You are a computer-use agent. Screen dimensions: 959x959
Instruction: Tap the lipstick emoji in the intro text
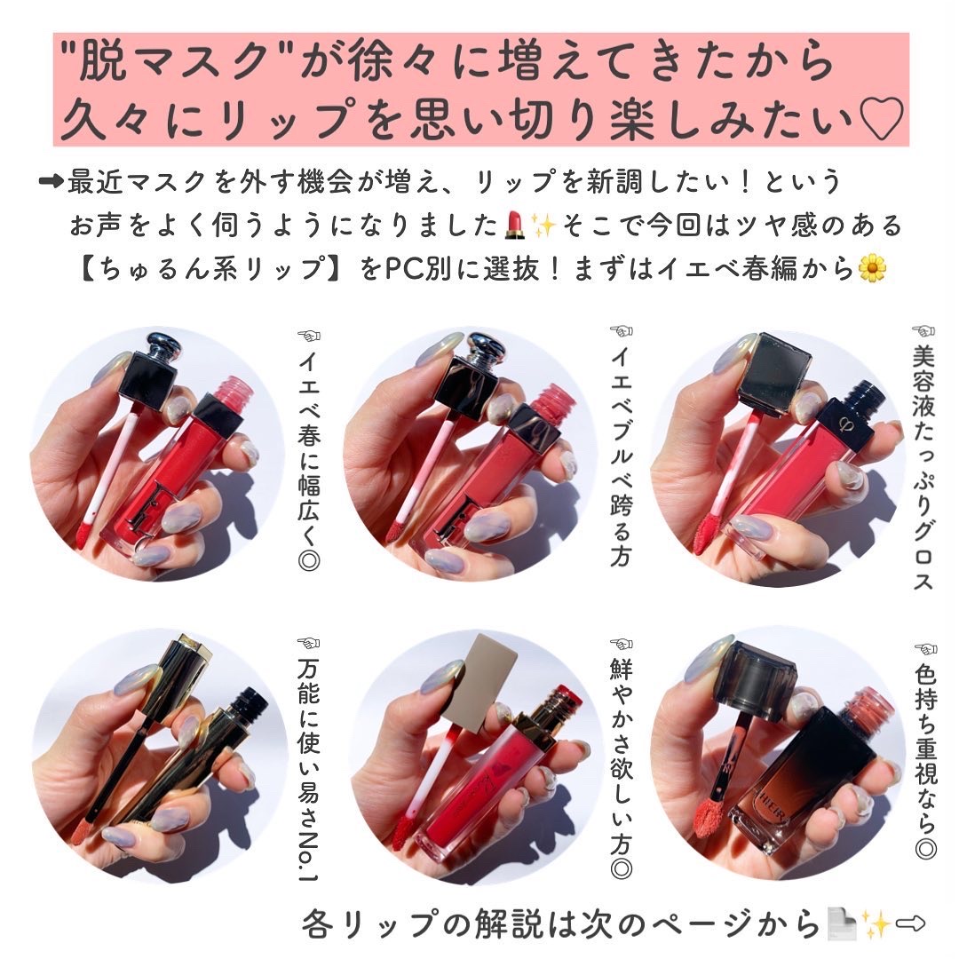point(512,226)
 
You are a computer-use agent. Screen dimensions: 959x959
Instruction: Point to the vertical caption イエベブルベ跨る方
point(622,444)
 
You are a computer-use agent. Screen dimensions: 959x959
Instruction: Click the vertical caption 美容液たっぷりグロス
point(923,462)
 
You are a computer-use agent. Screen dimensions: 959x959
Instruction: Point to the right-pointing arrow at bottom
point(912,924)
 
